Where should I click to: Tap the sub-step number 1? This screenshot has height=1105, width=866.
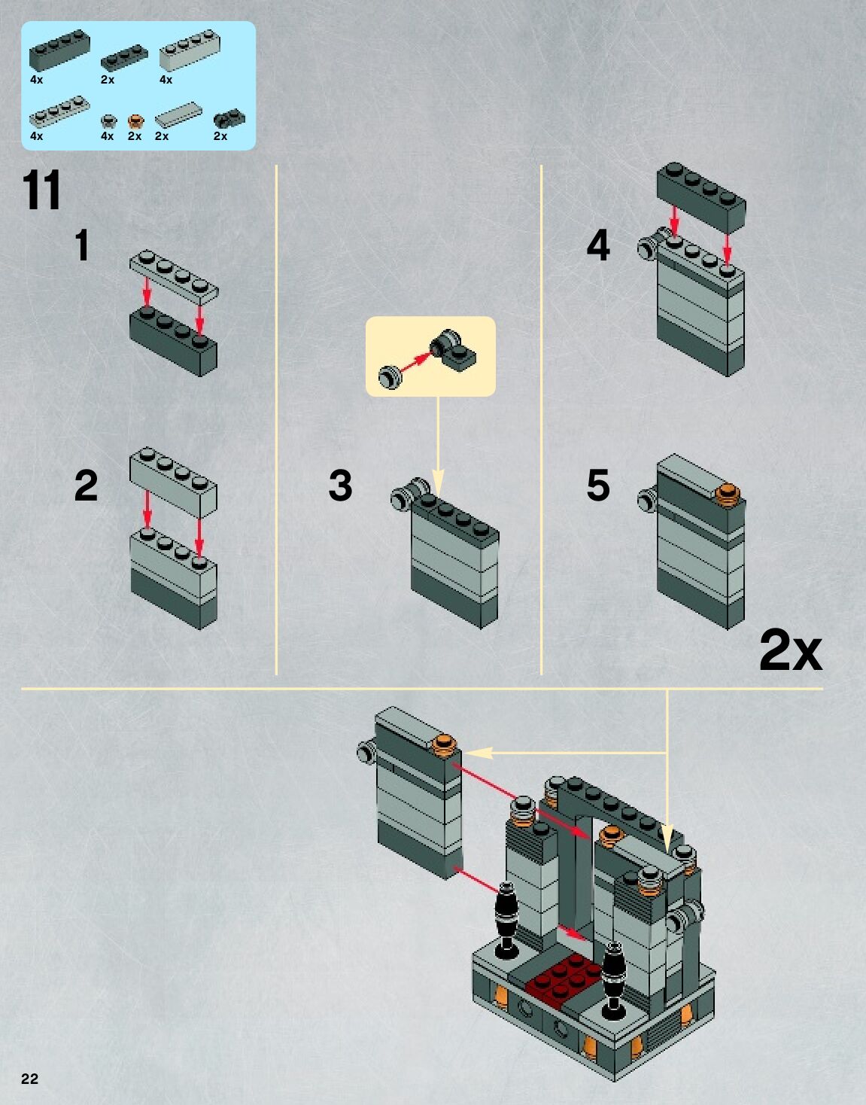tap(82, 246)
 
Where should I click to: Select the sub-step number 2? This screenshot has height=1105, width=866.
tap(86, 486)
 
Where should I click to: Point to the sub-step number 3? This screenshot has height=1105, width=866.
tap(340, 486)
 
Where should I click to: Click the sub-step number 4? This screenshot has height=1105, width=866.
tap(598, 246)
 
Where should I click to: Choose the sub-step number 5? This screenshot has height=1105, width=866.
tap(598, 486)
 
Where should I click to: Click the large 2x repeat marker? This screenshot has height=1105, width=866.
tap(790, 650)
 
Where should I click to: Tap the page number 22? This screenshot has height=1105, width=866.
tap(29, 1079)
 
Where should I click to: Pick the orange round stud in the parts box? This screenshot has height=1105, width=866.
tap(135, 120)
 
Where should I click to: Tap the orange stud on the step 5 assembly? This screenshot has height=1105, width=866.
tap(728, 494)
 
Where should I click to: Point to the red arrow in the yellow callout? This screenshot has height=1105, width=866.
tap(413, 363)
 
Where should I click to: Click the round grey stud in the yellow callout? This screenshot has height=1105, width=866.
tap(390, 376)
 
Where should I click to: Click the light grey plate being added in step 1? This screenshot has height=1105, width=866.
tap(174, 275)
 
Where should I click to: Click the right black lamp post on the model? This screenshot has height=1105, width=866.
tap(614, 971)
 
